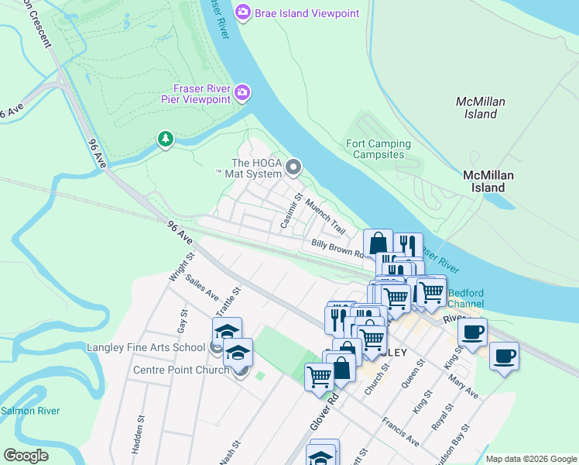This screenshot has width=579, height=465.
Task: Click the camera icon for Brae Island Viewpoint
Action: click(x=243, y=12)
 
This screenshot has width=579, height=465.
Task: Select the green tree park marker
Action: click(x=165, y=139)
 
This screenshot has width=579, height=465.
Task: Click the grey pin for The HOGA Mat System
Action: click(x=293, y=167)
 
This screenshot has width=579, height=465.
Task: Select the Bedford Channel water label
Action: click(x=466, y=298)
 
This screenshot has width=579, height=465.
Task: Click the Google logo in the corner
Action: click(x=26, y=456)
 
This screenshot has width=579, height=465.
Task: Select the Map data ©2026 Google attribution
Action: click(x=531, y=459)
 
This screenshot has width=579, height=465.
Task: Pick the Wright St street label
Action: click(x=176, y=266)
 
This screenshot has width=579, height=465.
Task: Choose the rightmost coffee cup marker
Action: click(x=504, y=356)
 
